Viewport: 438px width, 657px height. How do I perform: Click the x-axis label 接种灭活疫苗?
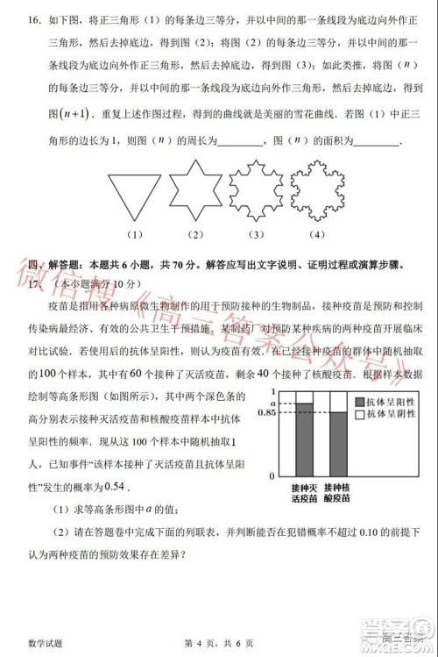pyautogui.click(x=303, y=491)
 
